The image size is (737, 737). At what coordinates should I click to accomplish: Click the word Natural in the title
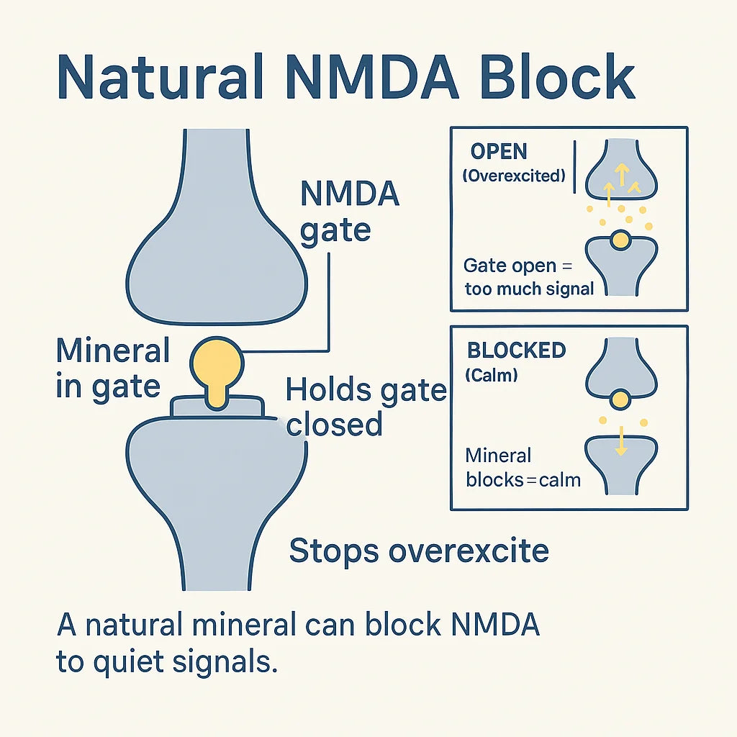[x=160, y=76]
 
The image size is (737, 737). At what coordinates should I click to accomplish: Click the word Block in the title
[x=558, y=76]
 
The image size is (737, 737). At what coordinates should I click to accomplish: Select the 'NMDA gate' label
[x=350, y=212]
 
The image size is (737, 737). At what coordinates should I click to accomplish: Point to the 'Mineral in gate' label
[x=112, y=368]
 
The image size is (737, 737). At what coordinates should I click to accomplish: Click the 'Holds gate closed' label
[x=366, y=407]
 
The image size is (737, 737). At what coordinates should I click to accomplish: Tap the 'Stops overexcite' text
[x=419, y=551]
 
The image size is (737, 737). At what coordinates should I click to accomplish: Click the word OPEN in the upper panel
[x=499, y=151]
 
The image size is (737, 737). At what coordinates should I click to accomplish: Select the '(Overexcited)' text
[x=514, y=176]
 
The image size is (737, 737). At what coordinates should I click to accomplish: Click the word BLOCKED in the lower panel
[x=517, y=351]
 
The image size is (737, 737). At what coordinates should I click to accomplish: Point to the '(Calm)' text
[x=491, y=375]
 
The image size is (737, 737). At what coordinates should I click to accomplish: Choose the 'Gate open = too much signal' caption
[x=529, y=277]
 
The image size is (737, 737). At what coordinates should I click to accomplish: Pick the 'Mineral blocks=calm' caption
[x=523, y=468]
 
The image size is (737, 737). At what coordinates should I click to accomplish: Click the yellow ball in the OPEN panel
[x=620, y=240]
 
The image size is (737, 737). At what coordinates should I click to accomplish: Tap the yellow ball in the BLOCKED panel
[x=620, y=400]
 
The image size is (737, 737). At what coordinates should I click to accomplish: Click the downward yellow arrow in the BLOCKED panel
[x=621, y=441]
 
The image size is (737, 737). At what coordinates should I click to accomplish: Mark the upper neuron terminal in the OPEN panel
[x=621, y=169]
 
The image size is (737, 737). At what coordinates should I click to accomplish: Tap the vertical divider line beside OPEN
[x=574, y=166]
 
